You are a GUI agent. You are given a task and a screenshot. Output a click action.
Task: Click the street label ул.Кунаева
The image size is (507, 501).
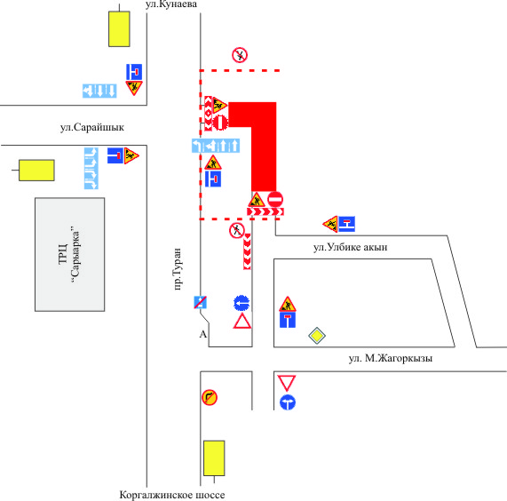click(x=171, y=4)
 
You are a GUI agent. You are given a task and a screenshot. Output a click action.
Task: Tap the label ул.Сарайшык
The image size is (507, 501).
click(x=92, y=127)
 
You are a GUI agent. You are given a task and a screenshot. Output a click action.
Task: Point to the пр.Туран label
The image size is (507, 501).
click(x=178, y=269)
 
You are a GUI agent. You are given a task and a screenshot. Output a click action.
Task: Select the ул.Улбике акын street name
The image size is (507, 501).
click(x=350, y=247)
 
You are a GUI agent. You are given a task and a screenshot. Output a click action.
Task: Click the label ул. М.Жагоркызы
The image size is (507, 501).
click(x=391, y=358)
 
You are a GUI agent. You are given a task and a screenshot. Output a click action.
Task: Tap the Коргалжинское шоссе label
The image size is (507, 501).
click(x=172, y=495)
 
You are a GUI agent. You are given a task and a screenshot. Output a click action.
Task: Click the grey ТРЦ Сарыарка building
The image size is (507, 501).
click(x=70, y=255)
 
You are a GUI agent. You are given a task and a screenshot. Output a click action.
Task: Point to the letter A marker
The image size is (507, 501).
click(x=202, y=334)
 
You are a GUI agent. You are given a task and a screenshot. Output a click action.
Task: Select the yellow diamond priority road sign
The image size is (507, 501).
click(x=317, y=336)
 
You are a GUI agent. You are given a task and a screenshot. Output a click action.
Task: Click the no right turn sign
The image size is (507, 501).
click(x=210, y=397)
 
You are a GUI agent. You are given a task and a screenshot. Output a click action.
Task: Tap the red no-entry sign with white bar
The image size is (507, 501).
click(x=275, y=199)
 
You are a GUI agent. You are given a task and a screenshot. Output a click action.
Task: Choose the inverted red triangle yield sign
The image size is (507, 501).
click(x=287, y=383)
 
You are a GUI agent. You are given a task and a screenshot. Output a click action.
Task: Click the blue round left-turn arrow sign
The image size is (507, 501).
click(x=242, y=304)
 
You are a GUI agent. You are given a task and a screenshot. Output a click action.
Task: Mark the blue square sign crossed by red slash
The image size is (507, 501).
click(x=200, y=302)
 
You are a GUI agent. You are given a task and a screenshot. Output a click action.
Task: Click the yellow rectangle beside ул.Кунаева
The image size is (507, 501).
click(x=119, y=29)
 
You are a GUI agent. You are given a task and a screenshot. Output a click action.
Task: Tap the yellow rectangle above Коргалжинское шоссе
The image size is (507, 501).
click(x=214, y=458)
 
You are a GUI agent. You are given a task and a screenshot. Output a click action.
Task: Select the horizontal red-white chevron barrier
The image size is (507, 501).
click(x=265, y=211)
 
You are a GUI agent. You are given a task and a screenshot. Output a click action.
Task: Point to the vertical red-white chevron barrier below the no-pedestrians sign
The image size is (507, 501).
click(x=247, y=251)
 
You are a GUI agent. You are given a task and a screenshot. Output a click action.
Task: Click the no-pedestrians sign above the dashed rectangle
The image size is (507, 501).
click(x=240, y=55)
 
